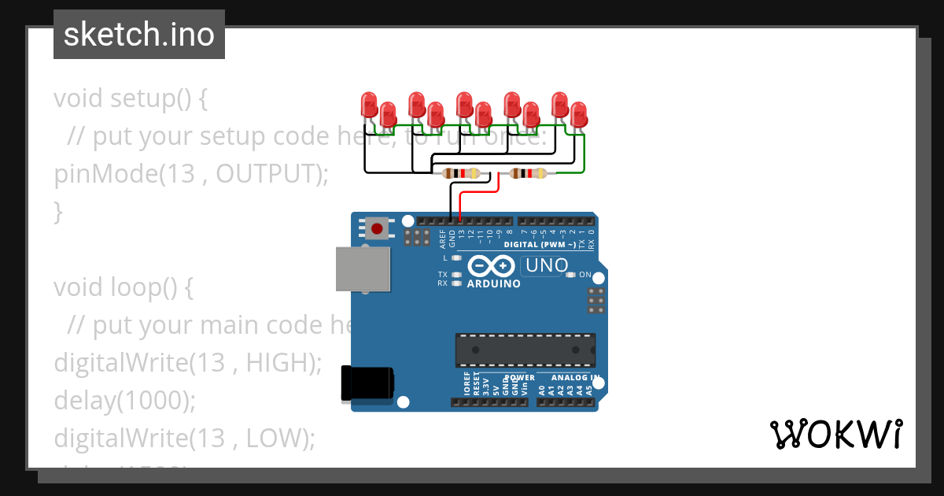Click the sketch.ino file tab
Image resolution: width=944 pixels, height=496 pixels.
click(x=139, y=35)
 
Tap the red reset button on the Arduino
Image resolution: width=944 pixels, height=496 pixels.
click(x=377, y=229)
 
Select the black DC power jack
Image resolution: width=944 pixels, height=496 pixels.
click(x=367, y=383)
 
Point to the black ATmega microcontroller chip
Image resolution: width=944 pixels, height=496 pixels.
click(x=525, y=350)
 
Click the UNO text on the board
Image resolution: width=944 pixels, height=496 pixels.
click(x=547, y=266)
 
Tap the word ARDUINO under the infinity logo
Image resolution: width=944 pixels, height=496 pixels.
click(x=493, y=283)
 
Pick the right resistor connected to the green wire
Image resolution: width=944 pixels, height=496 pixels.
click(x=527, y=174)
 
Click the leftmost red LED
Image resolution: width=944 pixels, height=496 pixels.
click(x=368, y=105)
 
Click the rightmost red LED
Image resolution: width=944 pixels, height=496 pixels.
click(x=579, y=114)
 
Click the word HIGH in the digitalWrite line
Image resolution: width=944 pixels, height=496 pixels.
click(x=278, y=363)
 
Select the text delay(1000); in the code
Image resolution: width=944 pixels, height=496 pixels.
click(x=124, y=401)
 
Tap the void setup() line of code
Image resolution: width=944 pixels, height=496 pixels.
click(x=131, y=98)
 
